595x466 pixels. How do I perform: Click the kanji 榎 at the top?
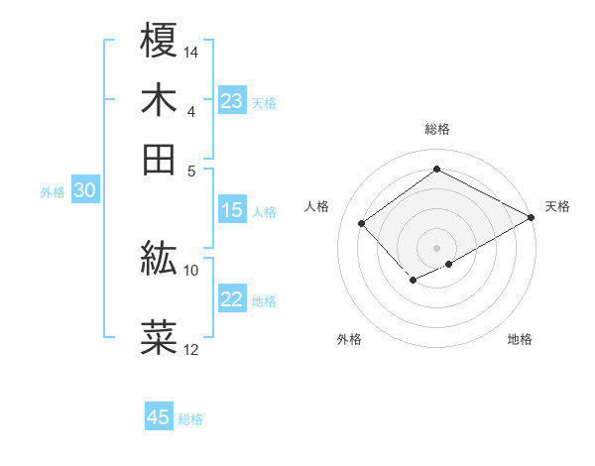pos(160,41)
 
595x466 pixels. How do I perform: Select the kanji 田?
pos(160,158)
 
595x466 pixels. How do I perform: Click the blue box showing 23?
pos(232,101)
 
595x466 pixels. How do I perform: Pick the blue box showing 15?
pos(232,210)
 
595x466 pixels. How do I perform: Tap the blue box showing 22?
pos(232,299)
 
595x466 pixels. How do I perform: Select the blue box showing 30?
pos(84,191)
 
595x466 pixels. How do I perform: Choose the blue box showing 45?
pos(159,417)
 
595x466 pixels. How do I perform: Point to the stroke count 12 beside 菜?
pos(191,349)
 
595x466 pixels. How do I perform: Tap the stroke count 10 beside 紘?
pos(191,270)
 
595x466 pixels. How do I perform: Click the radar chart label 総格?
pos(437,129)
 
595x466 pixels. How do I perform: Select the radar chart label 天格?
pos(557,206)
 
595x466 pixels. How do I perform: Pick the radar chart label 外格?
pos(349,340)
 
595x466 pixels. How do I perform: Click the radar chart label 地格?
pos(520,340)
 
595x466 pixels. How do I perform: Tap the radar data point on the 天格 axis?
pos(533,217)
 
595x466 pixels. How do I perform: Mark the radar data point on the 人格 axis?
pos(362,223)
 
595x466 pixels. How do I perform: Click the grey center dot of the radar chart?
pos(437,247)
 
